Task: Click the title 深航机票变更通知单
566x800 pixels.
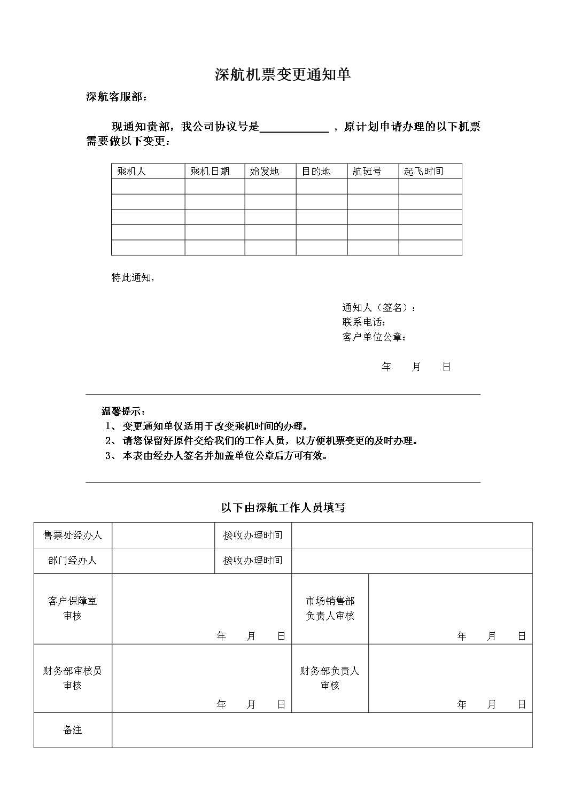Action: pos(282,75)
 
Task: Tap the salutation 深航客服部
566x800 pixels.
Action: pos(115,97)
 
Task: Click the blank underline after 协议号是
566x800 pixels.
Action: pos(294,127)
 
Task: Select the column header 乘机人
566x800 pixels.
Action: pos(131,171)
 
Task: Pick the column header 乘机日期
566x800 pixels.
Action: pos(210,171)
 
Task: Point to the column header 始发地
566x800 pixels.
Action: pos(265,171)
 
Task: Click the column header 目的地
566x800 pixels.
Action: pos(316,171)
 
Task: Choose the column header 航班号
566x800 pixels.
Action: pos(367,171)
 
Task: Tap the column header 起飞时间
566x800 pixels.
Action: pos(423,171)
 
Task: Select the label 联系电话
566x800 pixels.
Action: pos(363,322)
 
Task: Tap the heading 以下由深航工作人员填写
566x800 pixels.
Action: pos(283,507)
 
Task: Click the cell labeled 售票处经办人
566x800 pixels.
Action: pos(73,535)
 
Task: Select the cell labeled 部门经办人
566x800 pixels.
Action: pos(73,561)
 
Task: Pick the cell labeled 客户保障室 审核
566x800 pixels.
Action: pos(73,608)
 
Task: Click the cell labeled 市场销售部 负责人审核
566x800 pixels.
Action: pos(330,608)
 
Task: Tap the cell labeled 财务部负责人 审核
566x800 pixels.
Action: pos(330,678)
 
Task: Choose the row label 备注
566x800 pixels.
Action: pos(73,729)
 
